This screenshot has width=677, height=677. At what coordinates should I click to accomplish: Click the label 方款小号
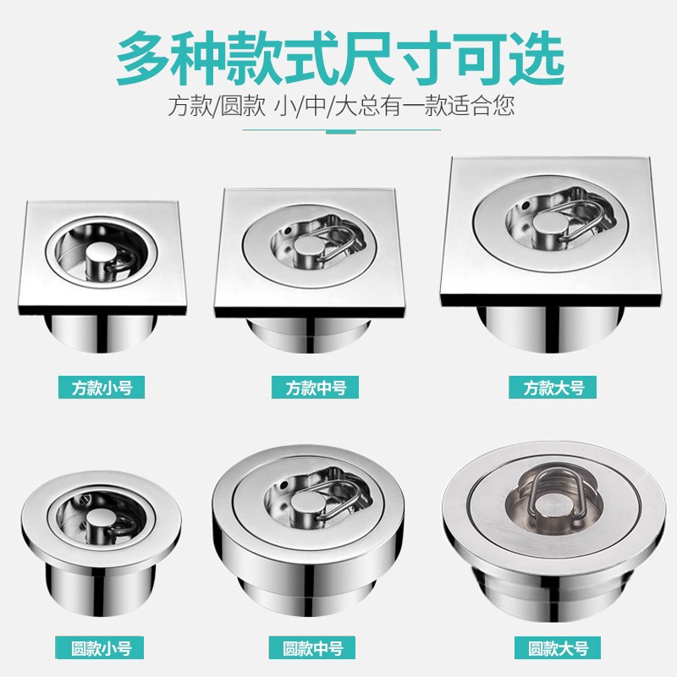[x=102, y=388]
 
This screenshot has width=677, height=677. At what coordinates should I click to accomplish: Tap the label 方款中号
[x=315, y=388]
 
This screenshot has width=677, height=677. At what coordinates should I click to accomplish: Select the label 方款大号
[x=553, y=388]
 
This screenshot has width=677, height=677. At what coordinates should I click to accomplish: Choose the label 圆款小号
[x=100, y=648]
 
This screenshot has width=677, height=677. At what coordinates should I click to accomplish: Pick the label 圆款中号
[x=312, y=648]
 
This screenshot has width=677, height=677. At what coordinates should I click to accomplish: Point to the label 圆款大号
[x=558, y=648]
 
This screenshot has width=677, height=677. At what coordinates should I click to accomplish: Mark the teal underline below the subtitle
[x=342, y=130]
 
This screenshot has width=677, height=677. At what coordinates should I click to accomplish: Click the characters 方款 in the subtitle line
[x=189, y=106]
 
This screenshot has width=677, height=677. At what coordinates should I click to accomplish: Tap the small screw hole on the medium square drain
[x=287, y=231]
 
